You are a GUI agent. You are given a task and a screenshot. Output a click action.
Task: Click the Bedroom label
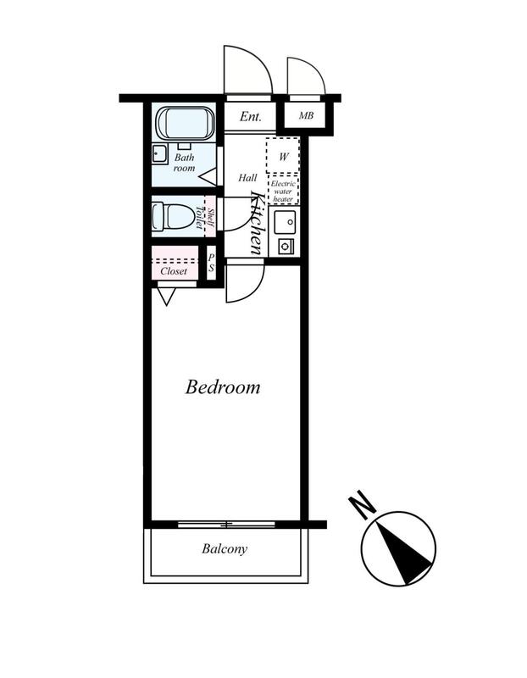point(223,387)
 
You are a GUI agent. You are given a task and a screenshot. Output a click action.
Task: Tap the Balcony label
point(225,548)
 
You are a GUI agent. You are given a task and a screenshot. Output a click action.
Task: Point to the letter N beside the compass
point(362,504)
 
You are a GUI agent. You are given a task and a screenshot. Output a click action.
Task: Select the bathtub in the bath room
point(185,123)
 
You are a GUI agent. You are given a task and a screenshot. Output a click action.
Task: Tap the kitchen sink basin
point(285,222)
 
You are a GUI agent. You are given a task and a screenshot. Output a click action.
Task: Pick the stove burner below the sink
point(286,247)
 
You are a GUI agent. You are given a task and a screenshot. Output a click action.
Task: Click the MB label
point(306,115)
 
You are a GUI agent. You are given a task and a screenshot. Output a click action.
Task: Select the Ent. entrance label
point(250,116)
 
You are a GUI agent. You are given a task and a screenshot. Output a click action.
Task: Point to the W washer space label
point(283,156)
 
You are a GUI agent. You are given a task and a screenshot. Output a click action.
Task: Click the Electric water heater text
point(283,192)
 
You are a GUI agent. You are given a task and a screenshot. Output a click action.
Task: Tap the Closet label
point(174,271)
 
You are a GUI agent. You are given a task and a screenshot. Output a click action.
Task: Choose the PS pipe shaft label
point(212,263)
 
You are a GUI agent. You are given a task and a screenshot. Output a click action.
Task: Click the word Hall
point(247,177)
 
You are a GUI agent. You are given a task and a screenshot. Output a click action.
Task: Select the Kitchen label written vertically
point(257,223)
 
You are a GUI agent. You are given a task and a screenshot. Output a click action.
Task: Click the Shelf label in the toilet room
point(210,216)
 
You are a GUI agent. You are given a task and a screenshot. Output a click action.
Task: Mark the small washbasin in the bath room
point(160,154)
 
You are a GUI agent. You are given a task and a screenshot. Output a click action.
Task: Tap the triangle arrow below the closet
point(166,297)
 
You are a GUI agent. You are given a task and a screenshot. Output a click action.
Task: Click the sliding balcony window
point(226,525)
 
